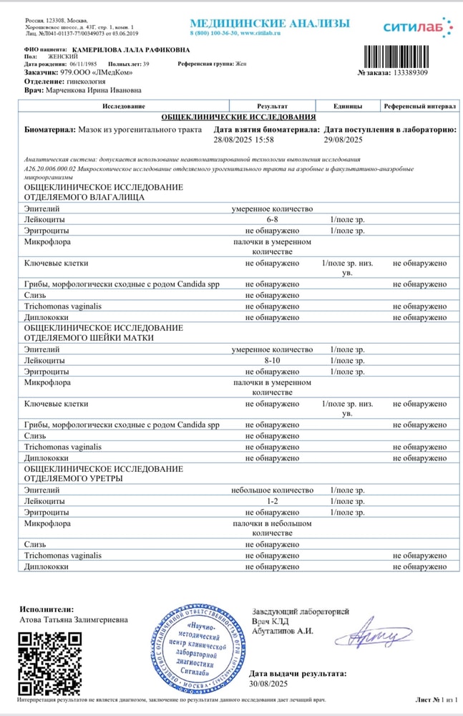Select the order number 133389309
pyautogui.click(x=409, y=73)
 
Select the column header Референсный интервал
pyautogui.click(x=419, y=106)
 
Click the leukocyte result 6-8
pyautogui.click(x=272, y=220)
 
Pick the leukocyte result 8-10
pyautogui.click(x=272, y=360)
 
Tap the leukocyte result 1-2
pyautogui.click(x=272, y=501)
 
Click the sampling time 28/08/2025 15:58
pyautogui.click(x=244, y=140)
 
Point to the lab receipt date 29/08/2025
pyautogui.click(x=343, y=140)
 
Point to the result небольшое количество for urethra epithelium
pyautogui.click(x=272, y=490)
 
